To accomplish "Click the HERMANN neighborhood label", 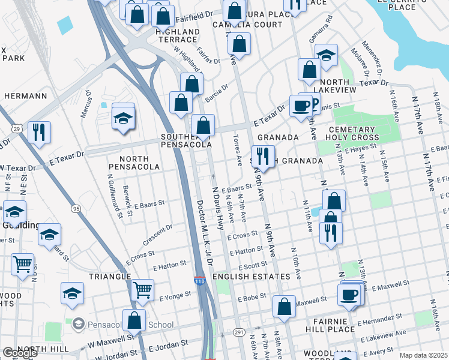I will [x=25, y=95].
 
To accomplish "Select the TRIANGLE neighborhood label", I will [x=110, y=276].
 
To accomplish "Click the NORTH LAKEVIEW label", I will [x=330, y=86].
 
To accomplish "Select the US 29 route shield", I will [x=17, y=129].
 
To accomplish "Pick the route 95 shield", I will [x=75, y=208].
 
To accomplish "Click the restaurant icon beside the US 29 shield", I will [x=39, y=132].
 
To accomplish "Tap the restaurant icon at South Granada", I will [x=262, y=156].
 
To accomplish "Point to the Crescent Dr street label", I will [x=158, y=235].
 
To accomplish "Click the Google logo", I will [x=20, y=353].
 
